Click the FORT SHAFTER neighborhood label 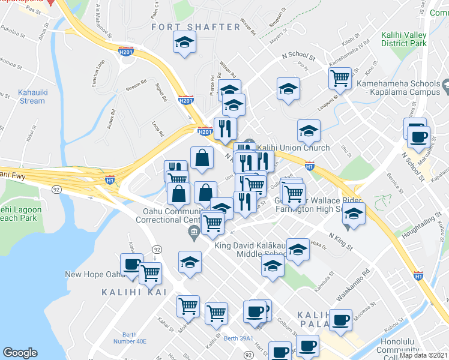click(x=196, y=27)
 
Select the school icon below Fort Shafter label click(x=185, y=43)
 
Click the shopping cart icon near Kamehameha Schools click(x=340, y=78)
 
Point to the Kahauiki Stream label click(x=23, y=97)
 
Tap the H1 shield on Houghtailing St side click(x=418, y=276)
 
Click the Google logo click(x=20, y=353)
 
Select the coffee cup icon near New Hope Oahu click(x=132, y=265)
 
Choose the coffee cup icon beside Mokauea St click(x=255, y=312)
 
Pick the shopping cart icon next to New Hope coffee click(x=150, y=274)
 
